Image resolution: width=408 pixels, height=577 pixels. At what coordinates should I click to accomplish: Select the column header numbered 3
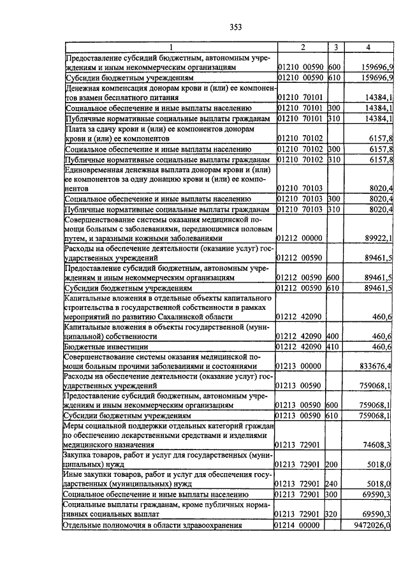(335, 47)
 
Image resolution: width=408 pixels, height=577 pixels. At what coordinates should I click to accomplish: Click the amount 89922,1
(378, 238)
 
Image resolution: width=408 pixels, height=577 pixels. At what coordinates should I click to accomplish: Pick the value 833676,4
(375, 366)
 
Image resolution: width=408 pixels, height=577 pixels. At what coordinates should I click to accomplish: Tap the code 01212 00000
(299, 238)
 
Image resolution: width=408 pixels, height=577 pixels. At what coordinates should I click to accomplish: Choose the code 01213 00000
(299, 366)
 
